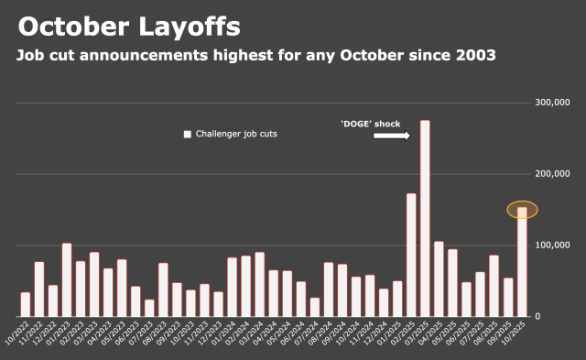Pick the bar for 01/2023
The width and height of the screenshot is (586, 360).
tap(67, 279)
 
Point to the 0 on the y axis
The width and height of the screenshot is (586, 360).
tap(537, 317)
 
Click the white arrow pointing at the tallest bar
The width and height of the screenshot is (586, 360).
tap(391, 136)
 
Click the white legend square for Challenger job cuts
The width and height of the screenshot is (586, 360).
tap(188, 134)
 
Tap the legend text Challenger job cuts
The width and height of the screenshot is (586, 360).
tap(236, 134)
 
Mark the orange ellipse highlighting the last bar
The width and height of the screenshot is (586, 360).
tap(522, 209)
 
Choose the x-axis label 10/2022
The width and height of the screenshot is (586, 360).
tap(17, 334)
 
